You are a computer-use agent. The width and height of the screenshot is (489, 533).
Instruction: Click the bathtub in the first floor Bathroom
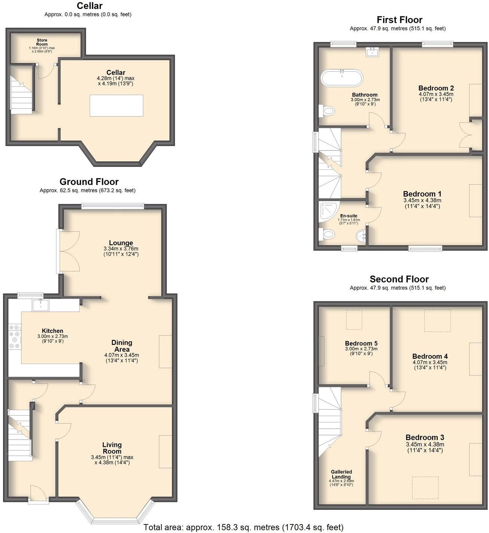point(342,78)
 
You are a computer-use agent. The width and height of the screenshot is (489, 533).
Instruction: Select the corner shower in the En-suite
point(327,212)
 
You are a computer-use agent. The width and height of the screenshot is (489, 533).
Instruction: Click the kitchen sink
point(40,305)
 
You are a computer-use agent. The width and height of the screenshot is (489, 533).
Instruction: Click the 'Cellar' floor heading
point(89,6)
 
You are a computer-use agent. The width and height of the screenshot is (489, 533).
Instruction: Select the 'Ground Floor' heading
point(89,182)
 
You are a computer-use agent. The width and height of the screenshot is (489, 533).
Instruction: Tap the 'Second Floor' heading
point(399,279)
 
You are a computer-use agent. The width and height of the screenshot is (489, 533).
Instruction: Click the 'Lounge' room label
point(121,243)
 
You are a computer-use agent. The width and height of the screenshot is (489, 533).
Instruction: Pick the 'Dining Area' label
point(122,346)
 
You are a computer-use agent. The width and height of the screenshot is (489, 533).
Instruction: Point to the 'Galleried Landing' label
point(341,474)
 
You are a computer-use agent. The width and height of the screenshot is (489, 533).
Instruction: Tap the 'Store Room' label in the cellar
point(42,42)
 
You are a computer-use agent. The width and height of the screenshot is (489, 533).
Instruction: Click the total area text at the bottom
point(243,527)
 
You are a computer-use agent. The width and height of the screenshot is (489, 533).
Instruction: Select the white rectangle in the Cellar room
point(116,106)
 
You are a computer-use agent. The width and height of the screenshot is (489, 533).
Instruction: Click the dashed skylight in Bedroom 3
point(425,488)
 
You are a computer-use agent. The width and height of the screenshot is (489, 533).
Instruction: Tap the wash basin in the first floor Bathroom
point(373,52)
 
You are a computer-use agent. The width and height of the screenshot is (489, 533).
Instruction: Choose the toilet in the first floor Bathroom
point(328,111)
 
